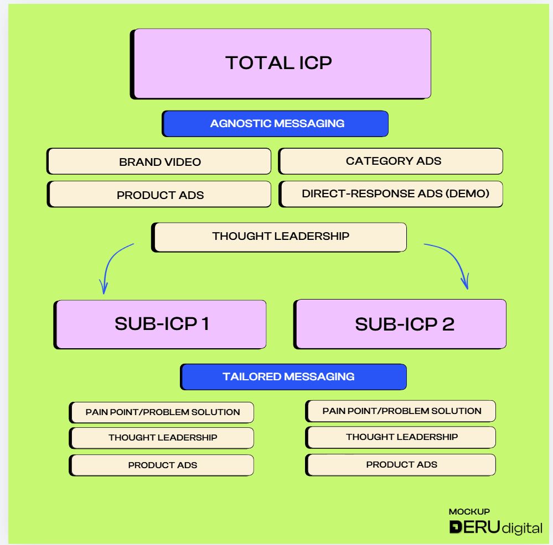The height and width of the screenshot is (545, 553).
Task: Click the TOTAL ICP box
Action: (x=281, y=64)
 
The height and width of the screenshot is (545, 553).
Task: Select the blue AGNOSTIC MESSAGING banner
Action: (x=275, y=124)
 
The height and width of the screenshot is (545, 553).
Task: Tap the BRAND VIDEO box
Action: (x=159, y=161)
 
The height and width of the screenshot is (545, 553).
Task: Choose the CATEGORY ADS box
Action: (x=390, y=161)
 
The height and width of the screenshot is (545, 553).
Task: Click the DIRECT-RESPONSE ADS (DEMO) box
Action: (x=390, y=194)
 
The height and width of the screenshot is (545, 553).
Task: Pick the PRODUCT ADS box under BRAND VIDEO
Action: (x=159, y=195)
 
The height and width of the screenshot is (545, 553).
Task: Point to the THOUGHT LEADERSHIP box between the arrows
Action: (x=279, y=237)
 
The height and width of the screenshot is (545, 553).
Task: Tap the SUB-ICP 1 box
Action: (x=160, y=324)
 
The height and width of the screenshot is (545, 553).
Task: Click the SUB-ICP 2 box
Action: (x=400, y=324)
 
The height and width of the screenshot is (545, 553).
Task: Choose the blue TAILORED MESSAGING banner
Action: (x=293, y=377)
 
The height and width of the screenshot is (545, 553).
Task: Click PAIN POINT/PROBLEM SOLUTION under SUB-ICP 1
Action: (x=162, y=412)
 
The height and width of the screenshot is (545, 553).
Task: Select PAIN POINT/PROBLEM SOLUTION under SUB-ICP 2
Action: (x=401, y=411)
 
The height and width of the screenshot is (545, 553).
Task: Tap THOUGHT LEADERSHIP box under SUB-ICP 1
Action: (x=162, y=438)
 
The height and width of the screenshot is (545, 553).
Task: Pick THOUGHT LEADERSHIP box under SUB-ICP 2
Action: (x=401, y=437)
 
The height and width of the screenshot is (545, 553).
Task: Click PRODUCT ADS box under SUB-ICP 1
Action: (x=162, y=465)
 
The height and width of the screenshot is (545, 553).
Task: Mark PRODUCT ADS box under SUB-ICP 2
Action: (x=401, y=465)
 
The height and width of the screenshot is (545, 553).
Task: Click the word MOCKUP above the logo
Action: (x=469, y=511)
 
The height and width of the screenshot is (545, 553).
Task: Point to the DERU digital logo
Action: (x=495, y=527)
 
